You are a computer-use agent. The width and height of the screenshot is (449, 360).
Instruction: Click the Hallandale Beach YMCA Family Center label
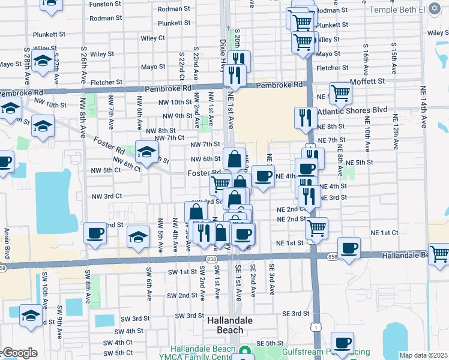point(200,353)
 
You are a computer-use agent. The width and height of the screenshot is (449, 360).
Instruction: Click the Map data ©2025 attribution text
point(423,355)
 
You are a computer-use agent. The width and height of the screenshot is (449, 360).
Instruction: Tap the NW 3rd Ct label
point(106,196)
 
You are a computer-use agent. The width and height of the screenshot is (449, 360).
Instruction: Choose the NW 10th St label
point(176,103)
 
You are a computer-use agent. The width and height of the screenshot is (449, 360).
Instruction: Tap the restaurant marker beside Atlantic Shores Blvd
point(306,118)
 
